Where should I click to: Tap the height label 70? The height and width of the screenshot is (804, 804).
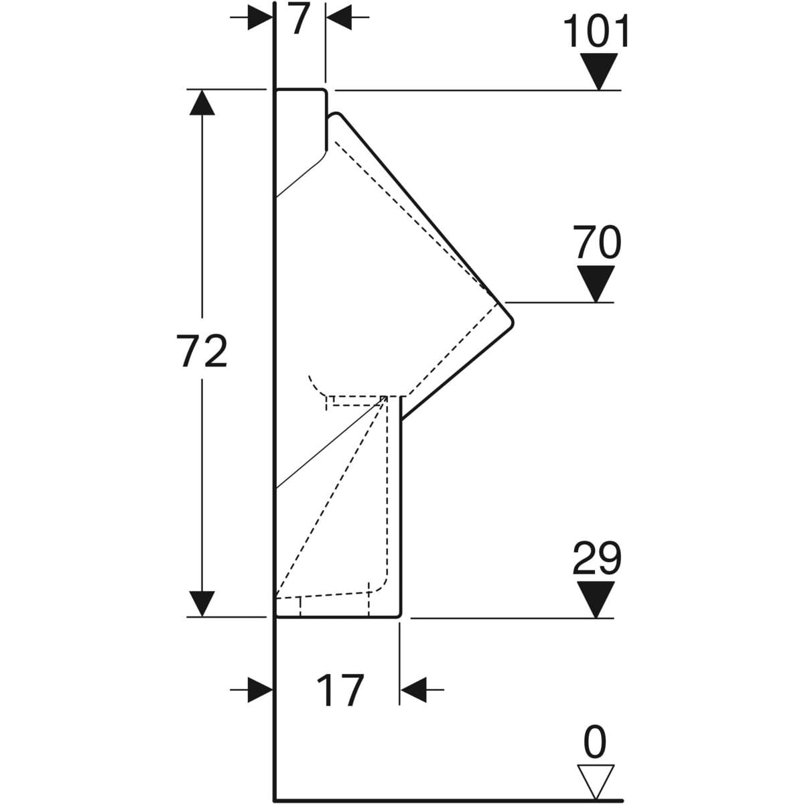[x=597, y=242]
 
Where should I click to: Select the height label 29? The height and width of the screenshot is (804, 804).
[x=597, y=558]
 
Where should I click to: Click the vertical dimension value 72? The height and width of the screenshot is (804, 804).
[x=202, y=351]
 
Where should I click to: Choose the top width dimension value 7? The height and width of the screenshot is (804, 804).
[x=299, y=19]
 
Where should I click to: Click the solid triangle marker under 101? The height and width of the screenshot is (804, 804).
[x=600, y=71]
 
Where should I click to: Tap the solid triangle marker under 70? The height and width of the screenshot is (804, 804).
[x=596, y=283]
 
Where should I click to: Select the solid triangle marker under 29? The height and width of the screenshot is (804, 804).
[x=596, y=600]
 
